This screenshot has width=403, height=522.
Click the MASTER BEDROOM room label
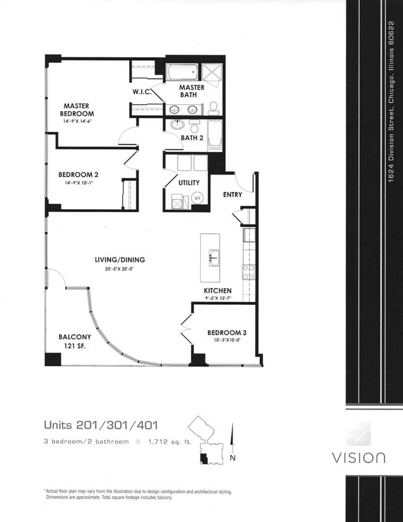point(77,109)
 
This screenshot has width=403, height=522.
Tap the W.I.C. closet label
point(142,91)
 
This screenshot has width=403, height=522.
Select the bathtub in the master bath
point(182,71)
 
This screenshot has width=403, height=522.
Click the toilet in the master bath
point(213,108)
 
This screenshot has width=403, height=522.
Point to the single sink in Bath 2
point(177,125)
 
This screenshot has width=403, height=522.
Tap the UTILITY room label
point(189,182)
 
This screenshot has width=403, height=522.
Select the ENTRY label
point(232,194)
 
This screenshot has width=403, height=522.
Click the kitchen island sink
point(214,258)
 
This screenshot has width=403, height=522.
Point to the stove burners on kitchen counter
point(249,272)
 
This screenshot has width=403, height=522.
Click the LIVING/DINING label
point(120,259)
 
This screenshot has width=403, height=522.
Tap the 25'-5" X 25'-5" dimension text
point(120,269)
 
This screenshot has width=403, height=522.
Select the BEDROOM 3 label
point(227,333)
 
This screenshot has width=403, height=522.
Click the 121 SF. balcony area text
point(75,346)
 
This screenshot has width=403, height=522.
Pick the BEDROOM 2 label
point(78,174)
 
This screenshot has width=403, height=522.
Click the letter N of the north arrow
point(232,458)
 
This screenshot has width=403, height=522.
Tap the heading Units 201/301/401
point(101,425)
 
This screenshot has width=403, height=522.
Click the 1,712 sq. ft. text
point(170,442)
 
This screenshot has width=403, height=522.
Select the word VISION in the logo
point(358,457)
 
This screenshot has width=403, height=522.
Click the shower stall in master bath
point(212,72)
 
